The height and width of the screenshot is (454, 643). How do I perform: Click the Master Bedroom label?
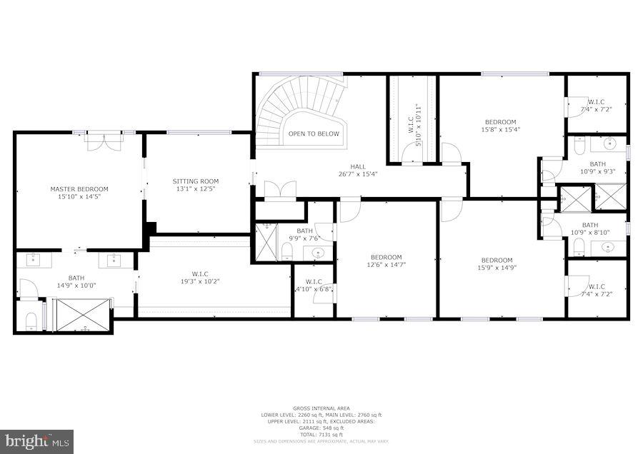pos(79,189)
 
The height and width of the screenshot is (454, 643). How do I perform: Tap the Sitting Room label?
pos(196,181)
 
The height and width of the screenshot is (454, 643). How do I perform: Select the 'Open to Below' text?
pos(314,133)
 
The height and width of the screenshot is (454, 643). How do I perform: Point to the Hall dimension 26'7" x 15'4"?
pos(357,174)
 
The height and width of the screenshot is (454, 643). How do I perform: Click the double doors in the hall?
pos(280,189)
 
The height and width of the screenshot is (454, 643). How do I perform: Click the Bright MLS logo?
pos(37,441)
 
